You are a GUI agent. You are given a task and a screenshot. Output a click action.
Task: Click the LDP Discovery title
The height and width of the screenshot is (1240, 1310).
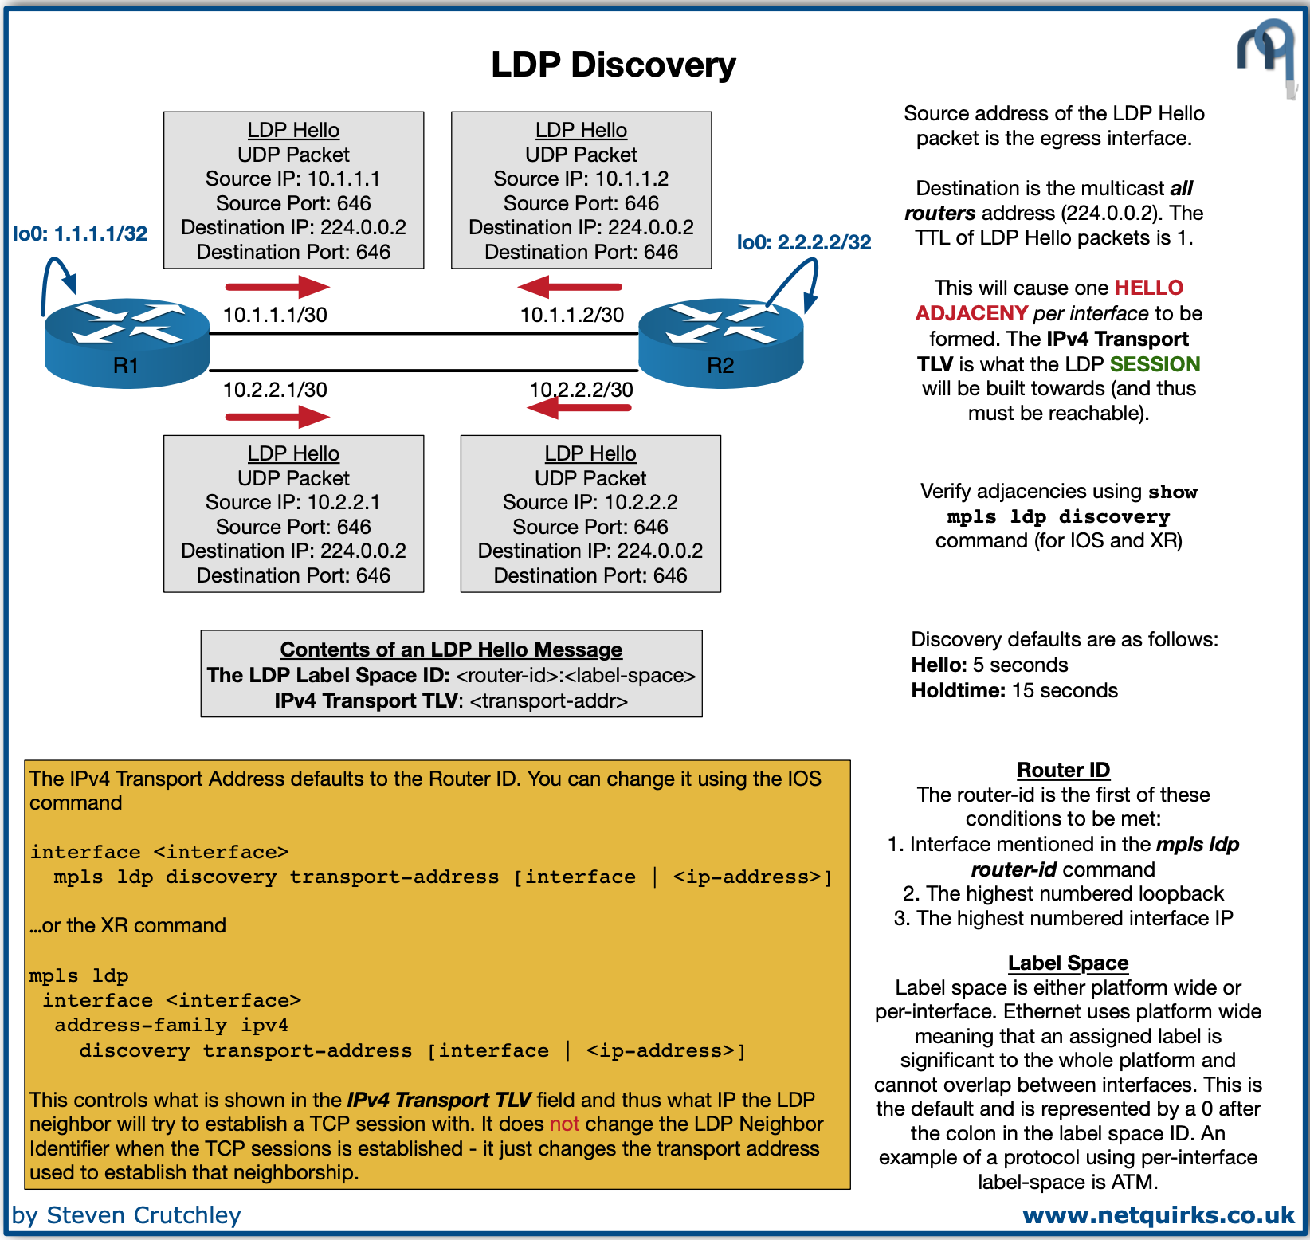point(613,65)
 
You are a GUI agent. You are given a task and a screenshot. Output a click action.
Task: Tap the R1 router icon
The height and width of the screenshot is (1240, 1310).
point(127,343)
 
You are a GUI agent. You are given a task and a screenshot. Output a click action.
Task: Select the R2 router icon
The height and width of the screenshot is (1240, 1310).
point(720,343)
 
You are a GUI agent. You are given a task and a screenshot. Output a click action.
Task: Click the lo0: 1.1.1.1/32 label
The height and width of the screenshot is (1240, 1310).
point(80,233)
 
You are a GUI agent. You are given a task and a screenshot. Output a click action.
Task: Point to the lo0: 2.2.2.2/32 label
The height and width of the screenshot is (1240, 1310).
point(803,242)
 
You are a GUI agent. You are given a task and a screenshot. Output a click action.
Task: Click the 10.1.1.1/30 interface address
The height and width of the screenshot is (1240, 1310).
point(275,315)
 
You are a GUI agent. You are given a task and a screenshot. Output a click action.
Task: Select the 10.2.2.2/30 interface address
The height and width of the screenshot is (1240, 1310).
point(581,390)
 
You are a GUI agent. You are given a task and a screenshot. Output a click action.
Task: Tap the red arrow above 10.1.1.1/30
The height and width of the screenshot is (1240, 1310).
point(277,286)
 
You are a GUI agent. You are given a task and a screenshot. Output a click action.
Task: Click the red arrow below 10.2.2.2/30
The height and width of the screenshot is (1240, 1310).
point(579,408)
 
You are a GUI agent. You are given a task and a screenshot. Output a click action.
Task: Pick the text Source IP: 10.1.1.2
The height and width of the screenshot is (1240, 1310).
point(581,179)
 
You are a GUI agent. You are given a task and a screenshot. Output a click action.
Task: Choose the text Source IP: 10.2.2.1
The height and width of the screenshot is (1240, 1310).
point(293,502)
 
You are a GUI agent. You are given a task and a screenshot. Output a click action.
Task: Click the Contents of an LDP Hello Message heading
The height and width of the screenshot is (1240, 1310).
point(451,649)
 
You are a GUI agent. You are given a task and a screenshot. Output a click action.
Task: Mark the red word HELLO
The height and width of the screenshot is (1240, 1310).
point(1148,288)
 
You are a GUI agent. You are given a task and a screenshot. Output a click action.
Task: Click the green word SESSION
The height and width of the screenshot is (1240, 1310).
point(1155,364)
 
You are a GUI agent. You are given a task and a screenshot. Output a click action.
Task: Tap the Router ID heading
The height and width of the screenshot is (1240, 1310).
point(1063,770)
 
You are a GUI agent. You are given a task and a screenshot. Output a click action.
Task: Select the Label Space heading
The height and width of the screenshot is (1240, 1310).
point(1068,963)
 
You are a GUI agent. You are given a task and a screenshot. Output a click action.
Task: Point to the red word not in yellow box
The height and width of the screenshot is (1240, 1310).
point(564,1124)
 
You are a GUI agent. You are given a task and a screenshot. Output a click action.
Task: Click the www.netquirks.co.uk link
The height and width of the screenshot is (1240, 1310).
point(1159,1215)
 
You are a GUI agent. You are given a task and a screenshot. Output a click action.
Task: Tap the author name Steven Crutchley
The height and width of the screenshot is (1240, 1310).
point(143,1215)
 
